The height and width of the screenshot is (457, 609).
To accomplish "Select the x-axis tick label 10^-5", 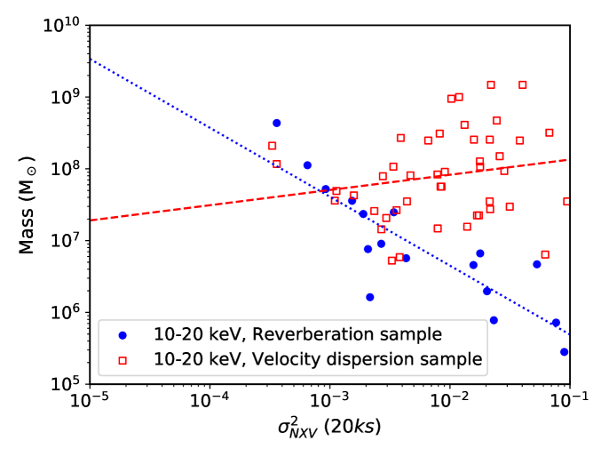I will pos(89,402).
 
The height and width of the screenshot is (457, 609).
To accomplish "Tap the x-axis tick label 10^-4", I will pos(210,402).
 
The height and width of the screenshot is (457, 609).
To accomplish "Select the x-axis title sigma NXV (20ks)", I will pos(329,430).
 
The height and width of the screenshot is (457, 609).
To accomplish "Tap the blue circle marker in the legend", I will pos(123,334).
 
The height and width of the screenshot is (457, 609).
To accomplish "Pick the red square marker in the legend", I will pos(123,359).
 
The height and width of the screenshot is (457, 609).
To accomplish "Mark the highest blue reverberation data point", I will pos(276,123).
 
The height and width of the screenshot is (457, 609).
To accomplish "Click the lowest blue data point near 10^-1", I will pos(564,352).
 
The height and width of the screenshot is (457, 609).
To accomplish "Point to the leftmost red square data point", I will pos(272,146).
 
